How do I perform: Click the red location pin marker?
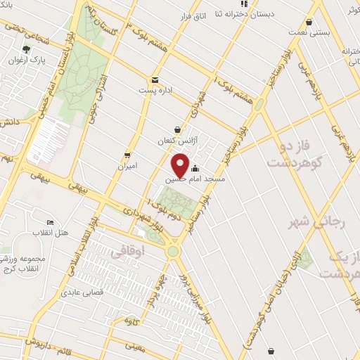(x=180, y=166)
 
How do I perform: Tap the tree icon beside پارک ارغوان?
(x=27, y=49)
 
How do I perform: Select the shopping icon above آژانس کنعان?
(x=176, y=129)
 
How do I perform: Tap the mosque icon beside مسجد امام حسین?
(x=195, y=169)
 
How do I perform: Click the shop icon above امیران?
(x=127, y=155)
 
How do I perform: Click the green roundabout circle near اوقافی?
(x=172, y=250)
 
